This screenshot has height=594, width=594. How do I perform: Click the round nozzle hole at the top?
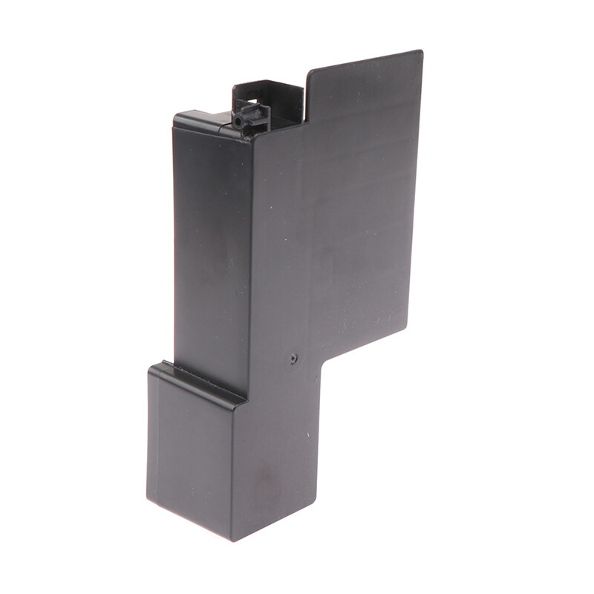pos(238,120)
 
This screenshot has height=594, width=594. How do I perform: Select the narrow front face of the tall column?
pos(211,252)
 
